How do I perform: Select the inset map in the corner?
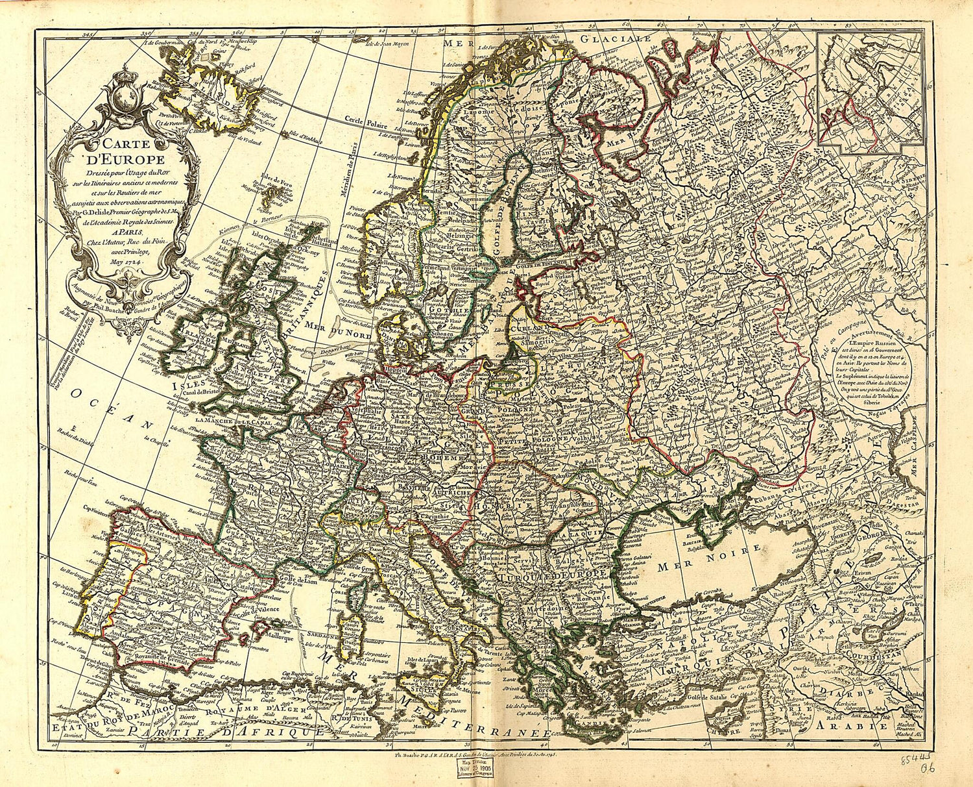tap(869, 91)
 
